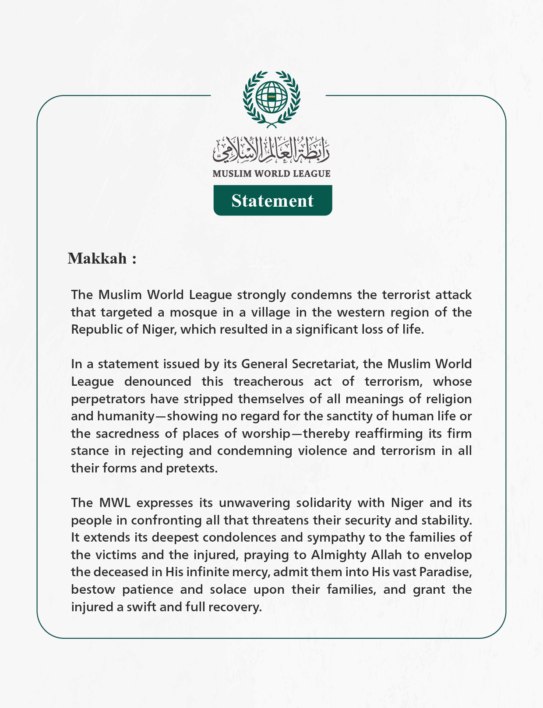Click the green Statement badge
272,201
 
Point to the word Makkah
97,258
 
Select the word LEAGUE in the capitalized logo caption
312,173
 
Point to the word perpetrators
108,399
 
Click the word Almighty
338,555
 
